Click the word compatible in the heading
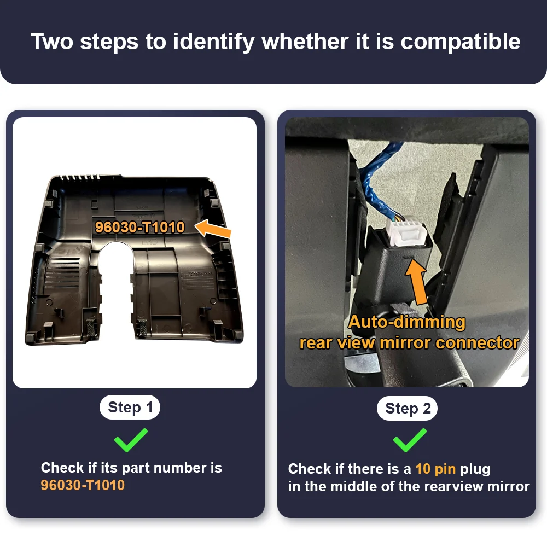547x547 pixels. click(460, 43)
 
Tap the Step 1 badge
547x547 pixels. click(130, 407)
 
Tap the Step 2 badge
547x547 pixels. click(407, 408)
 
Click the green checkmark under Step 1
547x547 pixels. click(131, 440)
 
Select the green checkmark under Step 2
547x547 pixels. click(410, 440)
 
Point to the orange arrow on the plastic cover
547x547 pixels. click(213, 229)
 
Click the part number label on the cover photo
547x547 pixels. click(139, 228)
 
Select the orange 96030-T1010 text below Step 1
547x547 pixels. click(83, 485)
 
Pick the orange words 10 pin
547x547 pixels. click(435, 469)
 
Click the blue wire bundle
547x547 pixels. click(378, 182)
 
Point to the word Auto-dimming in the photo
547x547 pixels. click(407, 322)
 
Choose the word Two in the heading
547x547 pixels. click(52, 42)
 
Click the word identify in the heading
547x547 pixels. click(214, 43)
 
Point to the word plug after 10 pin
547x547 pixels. click(475, 469)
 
